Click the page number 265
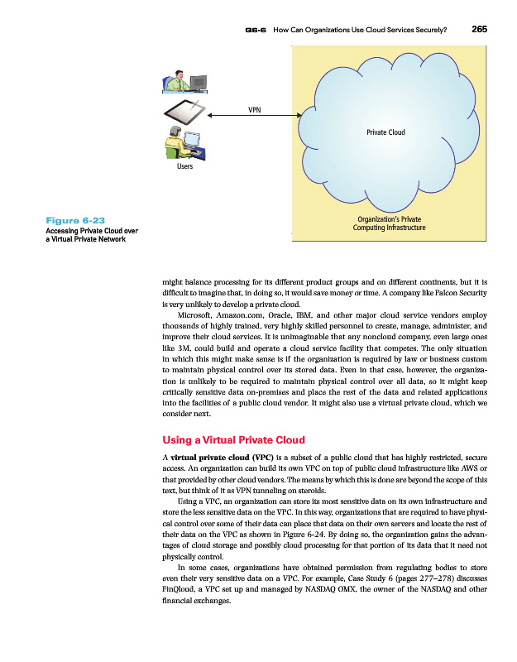479,28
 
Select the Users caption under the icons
184,166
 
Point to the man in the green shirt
175,82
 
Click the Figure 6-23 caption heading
76,220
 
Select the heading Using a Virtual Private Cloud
235,439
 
